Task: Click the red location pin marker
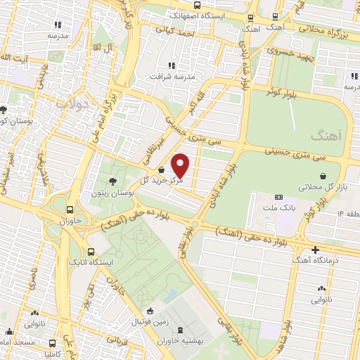coord(181,165)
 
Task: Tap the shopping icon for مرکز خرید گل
coord(162,169)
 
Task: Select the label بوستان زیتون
coord(112,192)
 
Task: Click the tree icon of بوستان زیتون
coord(112,181)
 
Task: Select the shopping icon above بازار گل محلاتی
coord(323,176)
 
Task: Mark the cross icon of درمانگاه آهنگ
coord(314,250)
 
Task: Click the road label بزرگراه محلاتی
coord(323,30)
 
